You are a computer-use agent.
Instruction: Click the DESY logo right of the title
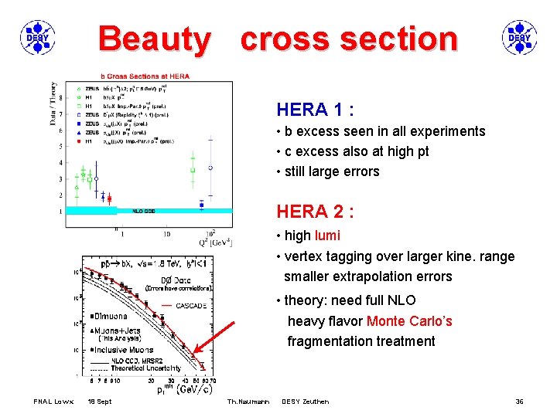coord(518,38)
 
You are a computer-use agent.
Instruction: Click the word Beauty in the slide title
coord(154,39)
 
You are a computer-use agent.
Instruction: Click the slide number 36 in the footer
coord(520,402)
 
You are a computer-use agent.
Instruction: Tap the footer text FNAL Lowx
coord(53,402)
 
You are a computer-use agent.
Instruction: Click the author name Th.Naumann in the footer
coord(248,402)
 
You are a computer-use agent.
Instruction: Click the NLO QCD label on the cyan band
coord(144,210)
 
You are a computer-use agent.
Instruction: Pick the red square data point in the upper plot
coord(109,198)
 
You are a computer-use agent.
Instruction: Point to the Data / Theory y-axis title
coord(53,103)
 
